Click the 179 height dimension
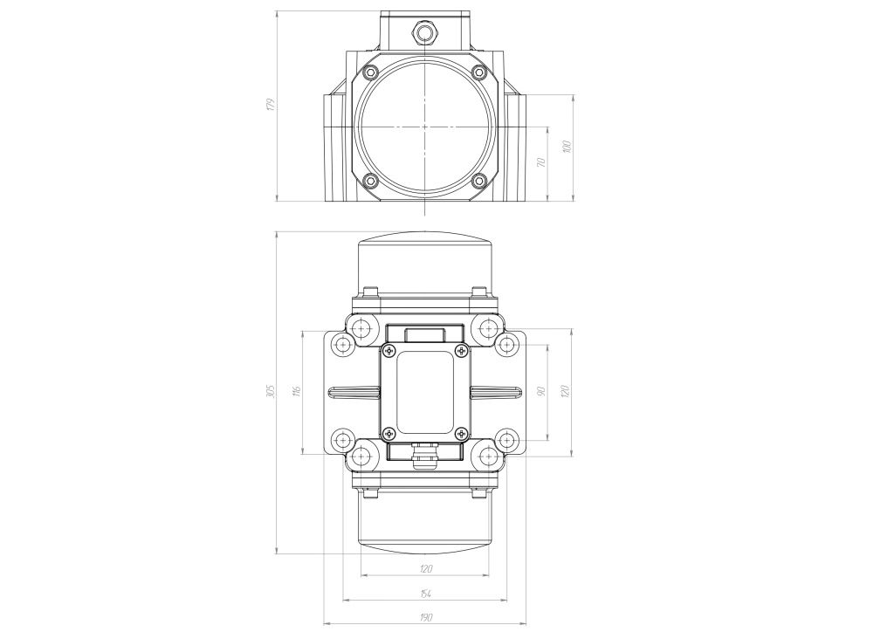[271, 105]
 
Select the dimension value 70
[541, 163]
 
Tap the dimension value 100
[567, 147]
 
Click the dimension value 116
[297, 392]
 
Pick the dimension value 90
[541, 392]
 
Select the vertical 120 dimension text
[566, 392]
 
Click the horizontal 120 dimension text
[425, 569]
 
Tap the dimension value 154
[425, 594]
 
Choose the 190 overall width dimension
[425, 617]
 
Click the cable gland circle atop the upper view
[426, 33]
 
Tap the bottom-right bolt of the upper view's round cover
[478, 182]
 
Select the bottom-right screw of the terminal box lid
[462, 431]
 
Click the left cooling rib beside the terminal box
[354, 391]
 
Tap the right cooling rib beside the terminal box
[497, 391]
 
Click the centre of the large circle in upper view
[425, 127]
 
